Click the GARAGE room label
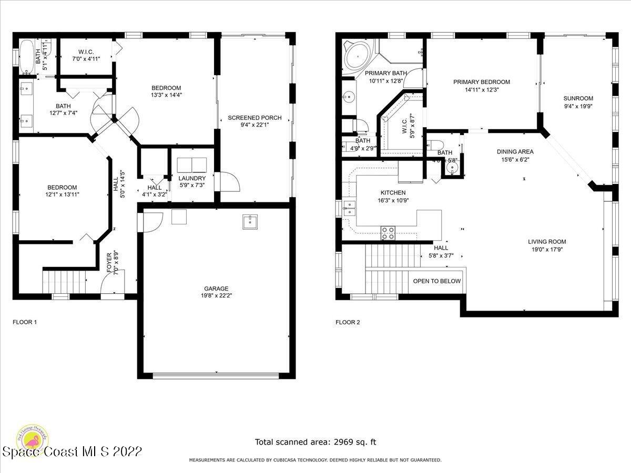[x=216, y=288]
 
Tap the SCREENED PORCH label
[x=254, y=117]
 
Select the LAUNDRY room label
[x=191, y=178]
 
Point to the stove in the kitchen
[x=388, y=233]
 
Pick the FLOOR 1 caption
[x=25, y=322]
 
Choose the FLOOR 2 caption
[x=348, y=322]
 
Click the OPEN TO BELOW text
[x=436, y=281]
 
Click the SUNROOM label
[x=578, y=98]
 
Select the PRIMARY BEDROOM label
[x=482, y=82]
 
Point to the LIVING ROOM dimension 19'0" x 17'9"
[x=547, y=250]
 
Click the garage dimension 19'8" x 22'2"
[x=216, y=295]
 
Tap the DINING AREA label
[x=515, y=152]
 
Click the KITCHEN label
[x=393, y=193]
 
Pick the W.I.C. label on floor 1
[x=86, y=52]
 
